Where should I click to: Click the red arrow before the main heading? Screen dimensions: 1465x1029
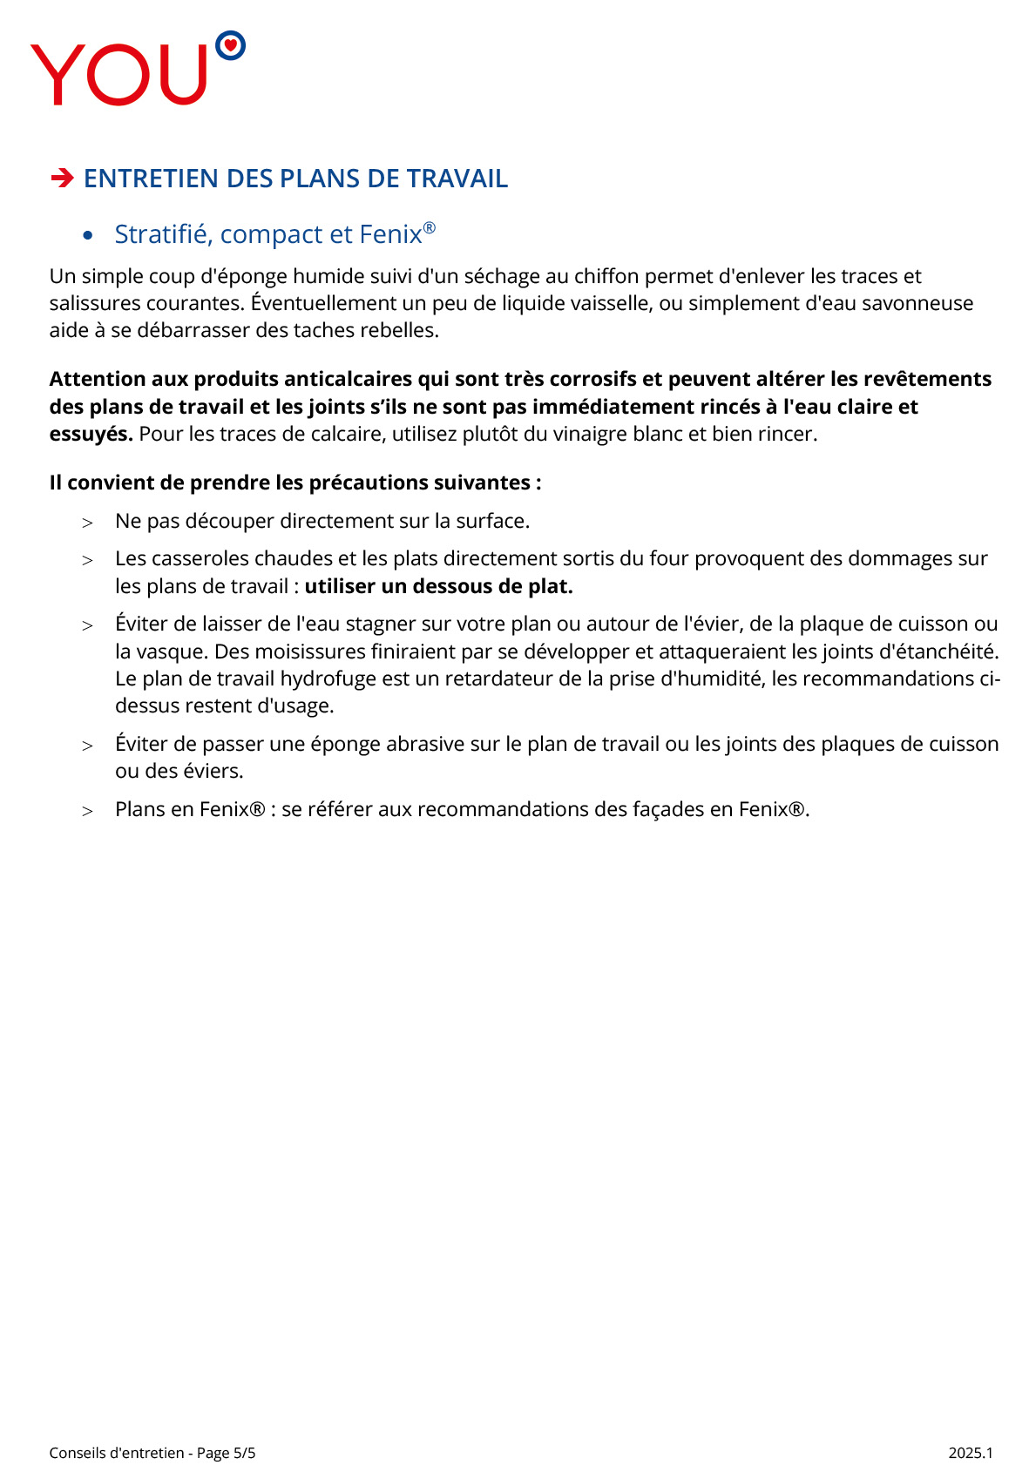pyautogui.click(x=62, y=179)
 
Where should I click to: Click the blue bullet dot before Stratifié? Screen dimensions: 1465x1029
pyautogui.click(x=87, y=235)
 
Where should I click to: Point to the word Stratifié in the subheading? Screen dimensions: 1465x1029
pyautogui.click(x=163, y=234)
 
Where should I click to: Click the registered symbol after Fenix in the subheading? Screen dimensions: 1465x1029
pyautogui.click(x=429, y=228)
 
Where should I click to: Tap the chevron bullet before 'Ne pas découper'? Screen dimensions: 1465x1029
pyautogui.click(x=87, y=523)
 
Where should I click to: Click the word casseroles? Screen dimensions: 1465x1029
pyautogui.click(x=200, y=558)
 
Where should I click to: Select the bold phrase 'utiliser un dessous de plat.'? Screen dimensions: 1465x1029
pyautogui.click(x=438, y=586)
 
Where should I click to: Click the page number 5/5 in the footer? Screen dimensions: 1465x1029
pyautogui.click(x=244, y=1453)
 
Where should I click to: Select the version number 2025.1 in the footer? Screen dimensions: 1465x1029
pyautogui.click(x=971, y=1453)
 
